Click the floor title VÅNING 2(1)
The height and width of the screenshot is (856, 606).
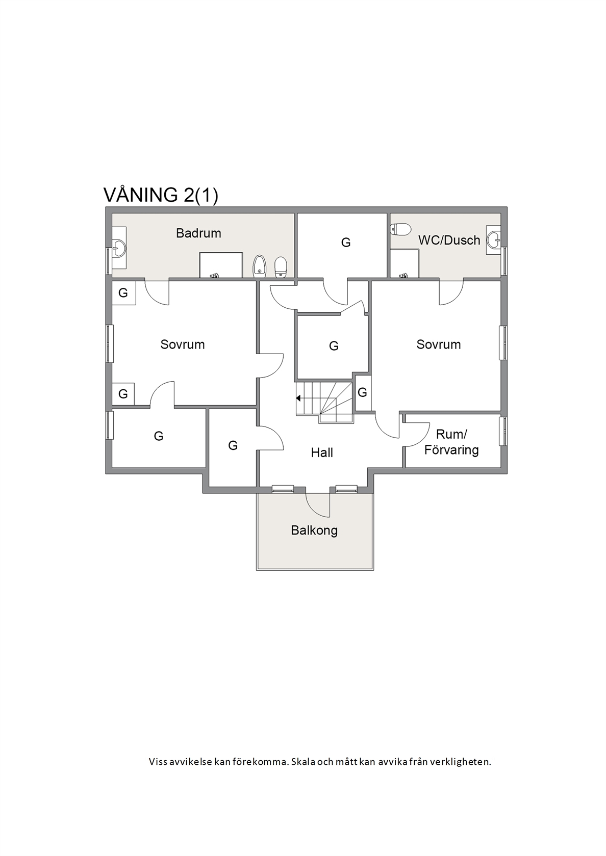pyautogui.click(x=161, y=195)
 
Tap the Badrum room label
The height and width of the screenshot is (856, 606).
pyautogui.click(x=198, y=233)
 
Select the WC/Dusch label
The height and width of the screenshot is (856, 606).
pyautogui.click(x=449, y=240)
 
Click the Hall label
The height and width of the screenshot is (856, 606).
pyautogui.click(x=322, y=452)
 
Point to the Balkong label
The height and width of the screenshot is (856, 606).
pyautogui.click(x=314, y=530)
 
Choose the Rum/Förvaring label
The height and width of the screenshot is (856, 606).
pyautogui.click(x=451, y=442)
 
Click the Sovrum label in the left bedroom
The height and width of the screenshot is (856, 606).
pyautogui.click(x=183, y=344)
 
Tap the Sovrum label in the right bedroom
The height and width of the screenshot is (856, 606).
pyautogui.click(x=439, y=344)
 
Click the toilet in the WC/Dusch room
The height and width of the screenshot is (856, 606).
pyautogui.click(x=400, y=229)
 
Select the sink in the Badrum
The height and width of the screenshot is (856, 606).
pyautogui.click(x=119, y=248)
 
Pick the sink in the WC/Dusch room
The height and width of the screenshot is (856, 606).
pyautogui.click(x=494, y=240)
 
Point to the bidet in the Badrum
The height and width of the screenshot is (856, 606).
pyautogui.click(x=259, y=266)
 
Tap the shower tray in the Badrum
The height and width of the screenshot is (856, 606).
pyautogui.click(x=221, y=265)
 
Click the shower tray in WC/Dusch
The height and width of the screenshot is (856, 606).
pyautogui.click(x=405, y=263)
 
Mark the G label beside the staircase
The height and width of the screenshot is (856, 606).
pyautogui.click(x=362, y=392)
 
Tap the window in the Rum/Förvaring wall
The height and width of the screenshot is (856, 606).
pyautogui.click(x=504, y=432)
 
